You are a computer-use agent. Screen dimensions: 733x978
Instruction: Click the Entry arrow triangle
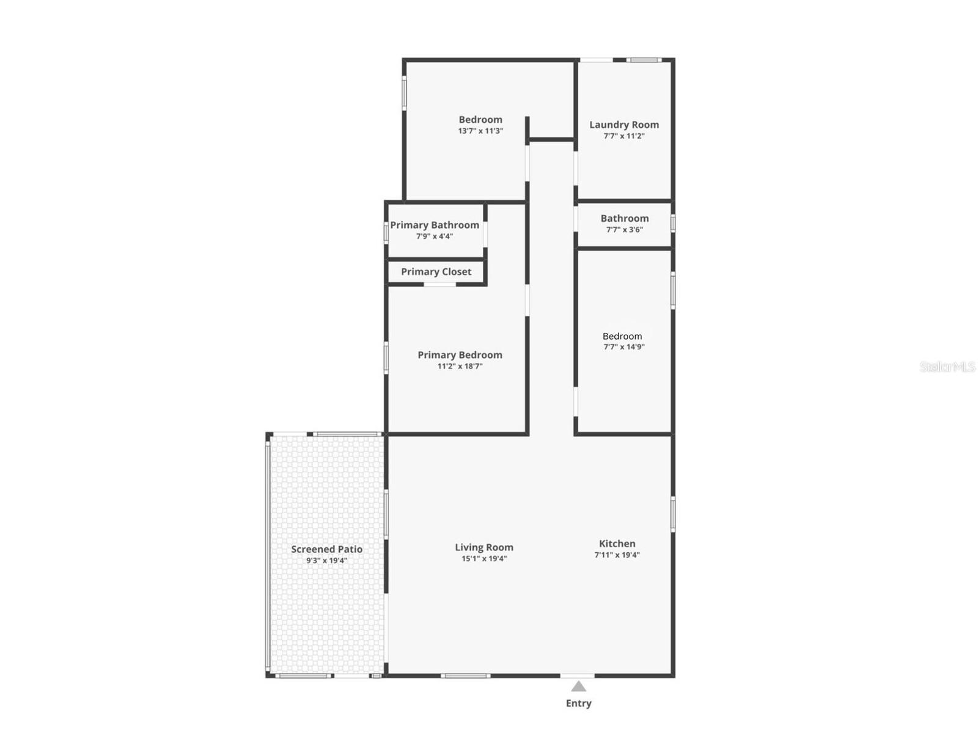[x=578, y=687]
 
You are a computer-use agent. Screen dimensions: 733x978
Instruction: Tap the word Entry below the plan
[x=578, y=703]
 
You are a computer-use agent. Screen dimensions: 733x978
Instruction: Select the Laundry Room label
[x=624, y=125]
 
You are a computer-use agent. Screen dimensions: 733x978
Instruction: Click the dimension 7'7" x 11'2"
[x=624, y=136]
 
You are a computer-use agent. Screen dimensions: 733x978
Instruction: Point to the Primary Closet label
[x=436, y=272]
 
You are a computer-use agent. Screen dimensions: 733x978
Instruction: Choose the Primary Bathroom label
[x=435, y=225]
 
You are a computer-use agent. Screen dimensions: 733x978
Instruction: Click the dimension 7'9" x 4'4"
[x=435, y=236]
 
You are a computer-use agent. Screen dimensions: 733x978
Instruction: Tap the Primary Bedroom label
[x=460, y=355]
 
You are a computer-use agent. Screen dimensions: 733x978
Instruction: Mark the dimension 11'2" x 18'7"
[x=460, y=366]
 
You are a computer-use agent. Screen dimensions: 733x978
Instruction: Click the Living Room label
[x=484, y=547]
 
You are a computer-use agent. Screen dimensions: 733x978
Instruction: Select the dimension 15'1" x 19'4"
[x=484, y=558]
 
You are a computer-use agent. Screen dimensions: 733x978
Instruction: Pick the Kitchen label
[x=617, y=544]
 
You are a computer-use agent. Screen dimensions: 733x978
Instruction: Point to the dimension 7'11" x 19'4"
[x=617, y=555]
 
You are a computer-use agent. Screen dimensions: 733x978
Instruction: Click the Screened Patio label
[x=326, y=549]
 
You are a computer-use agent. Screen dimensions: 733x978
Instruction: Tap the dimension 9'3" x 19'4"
[x=326, y=560]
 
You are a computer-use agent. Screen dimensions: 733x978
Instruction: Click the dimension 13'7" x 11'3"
[x=480, y=131]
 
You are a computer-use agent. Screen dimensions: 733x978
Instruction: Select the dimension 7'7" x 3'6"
[x=624, y=230]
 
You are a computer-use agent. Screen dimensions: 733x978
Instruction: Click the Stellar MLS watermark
[x=947, y=366]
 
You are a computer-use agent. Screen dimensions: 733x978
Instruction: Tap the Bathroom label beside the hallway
[x=624, y=218]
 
